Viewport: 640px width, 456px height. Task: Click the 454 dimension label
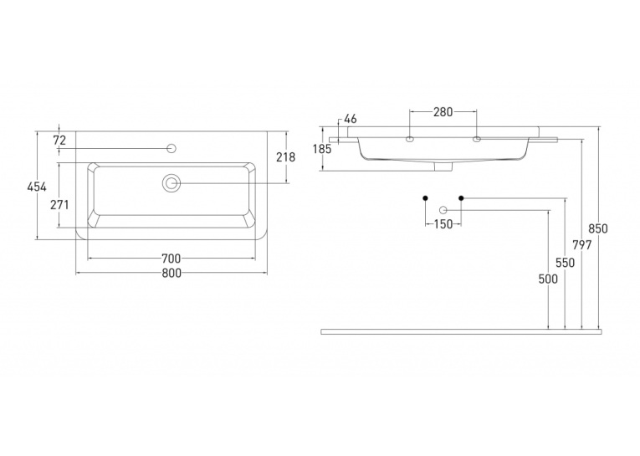pos(37,187)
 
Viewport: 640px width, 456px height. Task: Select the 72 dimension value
pos(59,140)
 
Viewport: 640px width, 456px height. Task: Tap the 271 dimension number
pos(59,204)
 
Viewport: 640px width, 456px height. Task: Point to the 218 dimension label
pos(286,156)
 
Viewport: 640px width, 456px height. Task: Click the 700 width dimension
pos(171,259)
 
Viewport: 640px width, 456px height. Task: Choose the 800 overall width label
pos(172,273)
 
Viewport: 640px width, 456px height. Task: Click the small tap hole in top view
pos(172,148)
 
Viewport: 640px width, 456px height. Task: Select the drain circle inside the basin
pos(172,183)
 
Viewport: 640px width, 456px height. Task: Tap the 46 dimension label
pos(351,119)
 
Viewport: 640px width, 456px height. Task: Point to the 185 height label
pos(322,150)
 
